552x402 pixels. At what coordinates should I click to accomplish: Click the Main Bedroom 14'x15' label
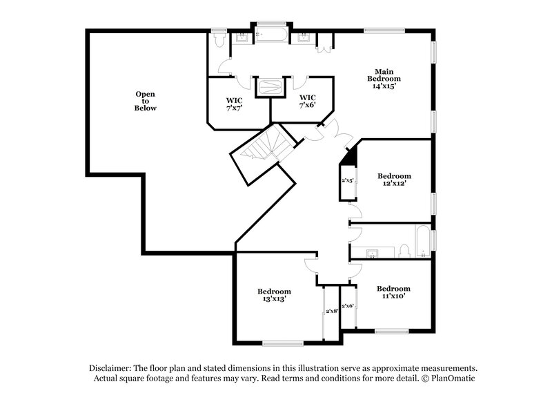384,79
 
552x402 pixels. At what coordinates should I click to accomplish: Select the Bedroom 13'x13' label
274,295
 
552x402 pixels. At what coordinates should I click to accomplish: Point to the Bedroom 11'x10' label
393,291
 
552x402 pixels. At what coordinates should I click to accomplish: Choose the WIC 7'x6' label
307,101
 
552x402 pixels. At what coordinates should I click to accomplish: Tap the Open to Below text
145,101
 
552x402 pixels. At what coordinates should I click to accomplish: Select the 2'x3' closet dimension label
347,181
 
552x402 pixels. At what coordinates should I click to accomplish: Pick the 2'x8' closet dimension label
331,311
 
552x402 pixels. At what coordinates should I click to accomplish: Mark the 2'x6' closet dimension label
348,305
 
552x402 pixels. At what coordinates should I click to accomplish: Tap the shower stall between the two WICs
270,87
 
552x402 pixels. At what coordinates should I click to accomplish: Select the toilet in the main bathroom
219,40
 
